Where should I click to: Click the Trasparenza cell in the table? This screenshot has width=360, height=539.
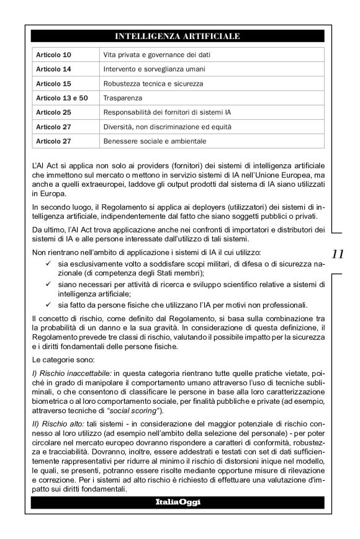[x=123, y=98]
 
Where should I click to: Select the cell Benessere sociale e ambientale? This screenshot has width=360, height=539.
[x=155, y=141]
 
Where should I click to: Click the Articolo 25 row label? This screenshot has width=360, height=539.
[x=53, y=112]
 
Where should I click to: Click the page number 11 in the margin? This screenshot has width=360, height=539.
[x=338, y=254]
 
